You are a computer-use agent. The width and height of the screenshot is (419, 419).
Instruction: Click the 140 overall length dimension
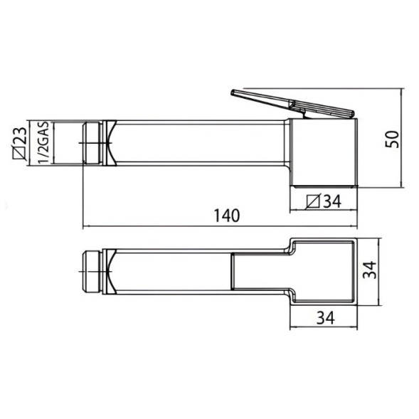(227, 216)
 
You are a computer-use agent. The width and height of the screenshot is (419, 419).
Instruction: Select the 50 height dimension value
(392, 139)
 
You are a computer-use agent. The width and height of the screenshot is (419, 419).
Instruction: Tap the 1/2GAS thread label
(43, 142)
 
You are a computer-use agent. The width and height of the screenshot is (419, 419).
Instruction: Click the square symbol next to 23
(20, 154)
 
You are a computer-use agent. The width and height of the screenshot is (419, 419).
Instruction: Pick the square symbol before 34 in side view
(313, 201)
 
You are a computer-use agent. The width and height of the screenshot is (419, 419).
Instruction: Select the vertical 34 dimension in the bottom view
(371, 270)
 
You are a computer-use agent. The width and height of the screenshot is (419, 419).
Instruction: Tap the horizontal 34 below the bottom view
(326, 318)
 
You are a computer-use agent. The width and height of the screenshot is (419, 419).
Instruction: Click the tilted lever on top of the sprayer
(292, 104)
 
